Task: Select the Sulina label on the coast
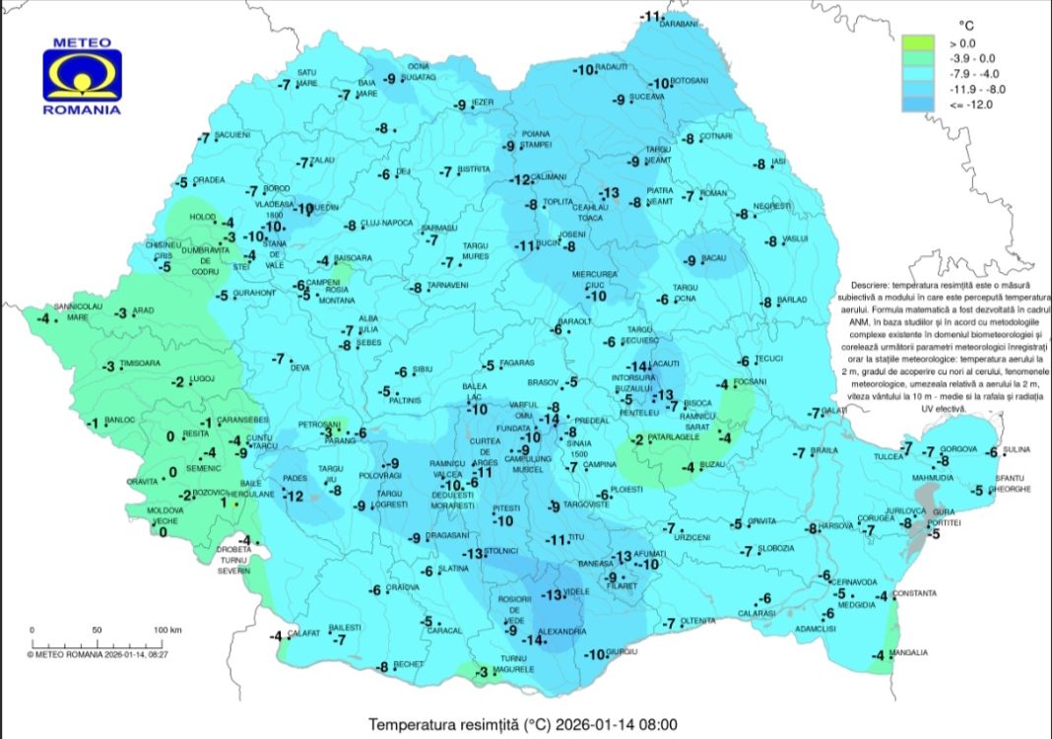coord(1016,449)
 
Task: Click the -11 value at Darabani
coord(652,17)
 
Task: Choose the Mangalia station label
coord(909,652)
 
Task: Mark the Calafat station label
coord(304,634)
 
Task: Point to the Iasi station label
coord(778,162)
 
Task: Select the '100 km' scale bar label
coord(167,630)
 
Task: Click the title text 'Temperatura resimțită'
coord(442,724)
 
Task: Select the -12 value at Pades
coord(295,496)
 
